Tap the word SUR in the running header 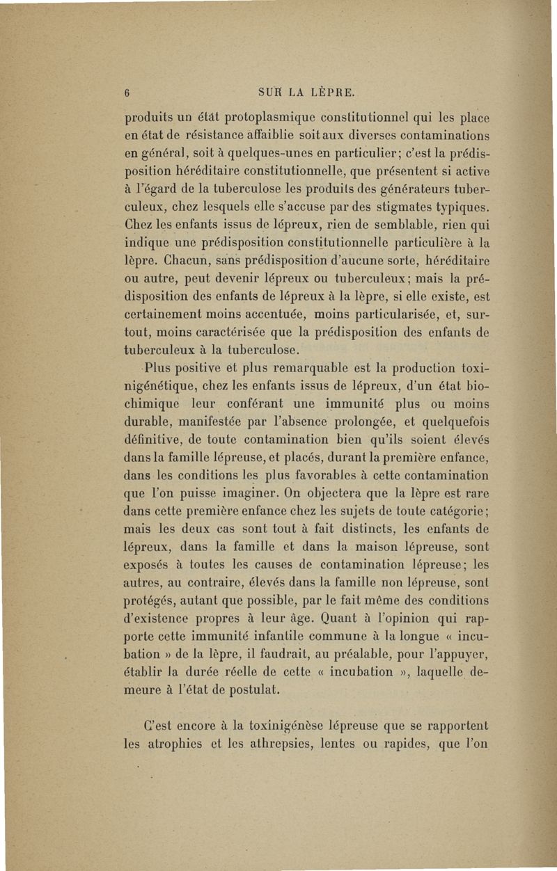[269, 91]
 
